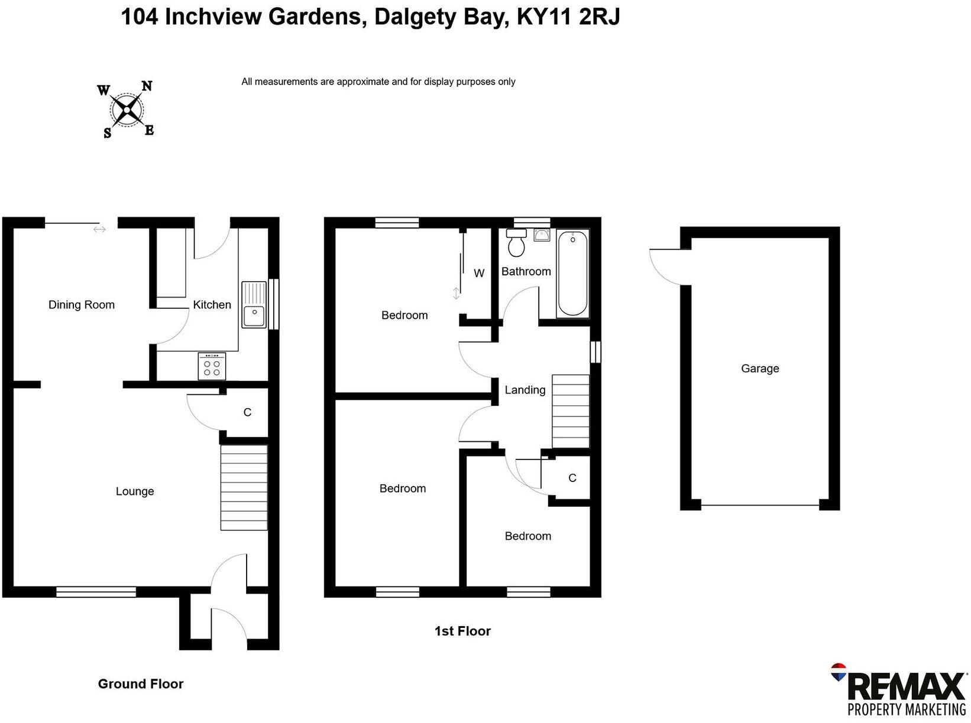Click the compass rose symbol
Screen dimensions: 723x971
point(127,110)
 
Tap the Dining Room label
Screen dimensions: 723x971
point(82,305)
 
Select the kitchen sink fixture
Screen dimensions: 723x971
point(254,305)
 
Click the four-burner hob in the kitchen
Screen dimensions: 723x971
point(212,366)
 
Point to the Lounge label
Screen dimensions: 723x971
point(135,491)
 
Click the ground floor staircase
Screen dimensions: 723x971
point(244,488)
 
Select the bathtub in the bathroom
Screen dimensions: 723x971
point(572,273)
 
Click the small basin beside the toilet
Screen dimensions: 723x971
point(542,236)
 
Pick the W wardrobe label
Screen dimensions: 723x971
point(479,273)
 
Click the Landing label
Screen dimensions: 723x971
point(525,390)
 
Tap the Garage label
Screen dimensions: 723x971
point(760,369)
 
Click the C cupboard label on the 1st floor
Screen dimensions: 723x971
point(572,478)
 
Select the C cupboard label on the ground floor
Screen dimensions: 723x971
point(247,412)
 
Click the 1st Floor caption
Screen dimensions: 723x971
point(462,631)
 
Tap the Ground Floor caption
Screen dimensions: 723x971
point(141,683)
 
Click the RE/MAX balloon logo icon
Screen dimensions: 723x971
point(839,672)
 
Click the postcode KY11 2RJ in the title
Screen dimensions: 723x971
point(568,17)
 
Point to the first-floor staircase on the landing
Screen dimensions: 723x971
point(571,411)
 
